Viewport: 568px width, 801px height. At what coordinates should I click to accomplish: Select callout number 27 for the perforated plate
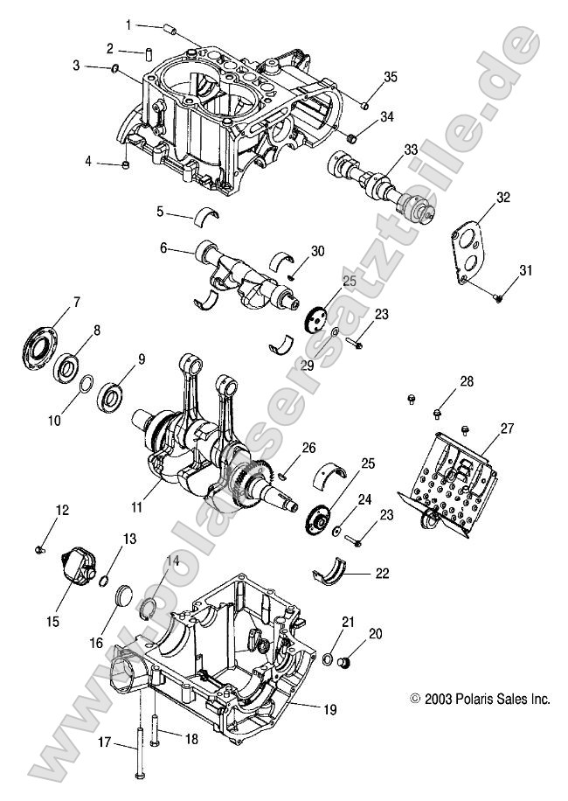[x=507, y=428]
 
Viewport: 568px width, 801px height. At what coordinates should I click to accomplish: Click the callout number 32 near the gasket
[x=502, y=198]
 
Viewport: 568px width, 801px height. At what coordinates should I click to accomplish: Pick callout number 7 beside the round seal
[x=76, y=303]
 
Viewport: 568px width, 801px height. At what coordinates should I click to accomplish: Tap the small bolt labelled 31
[x=497, y=297]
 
